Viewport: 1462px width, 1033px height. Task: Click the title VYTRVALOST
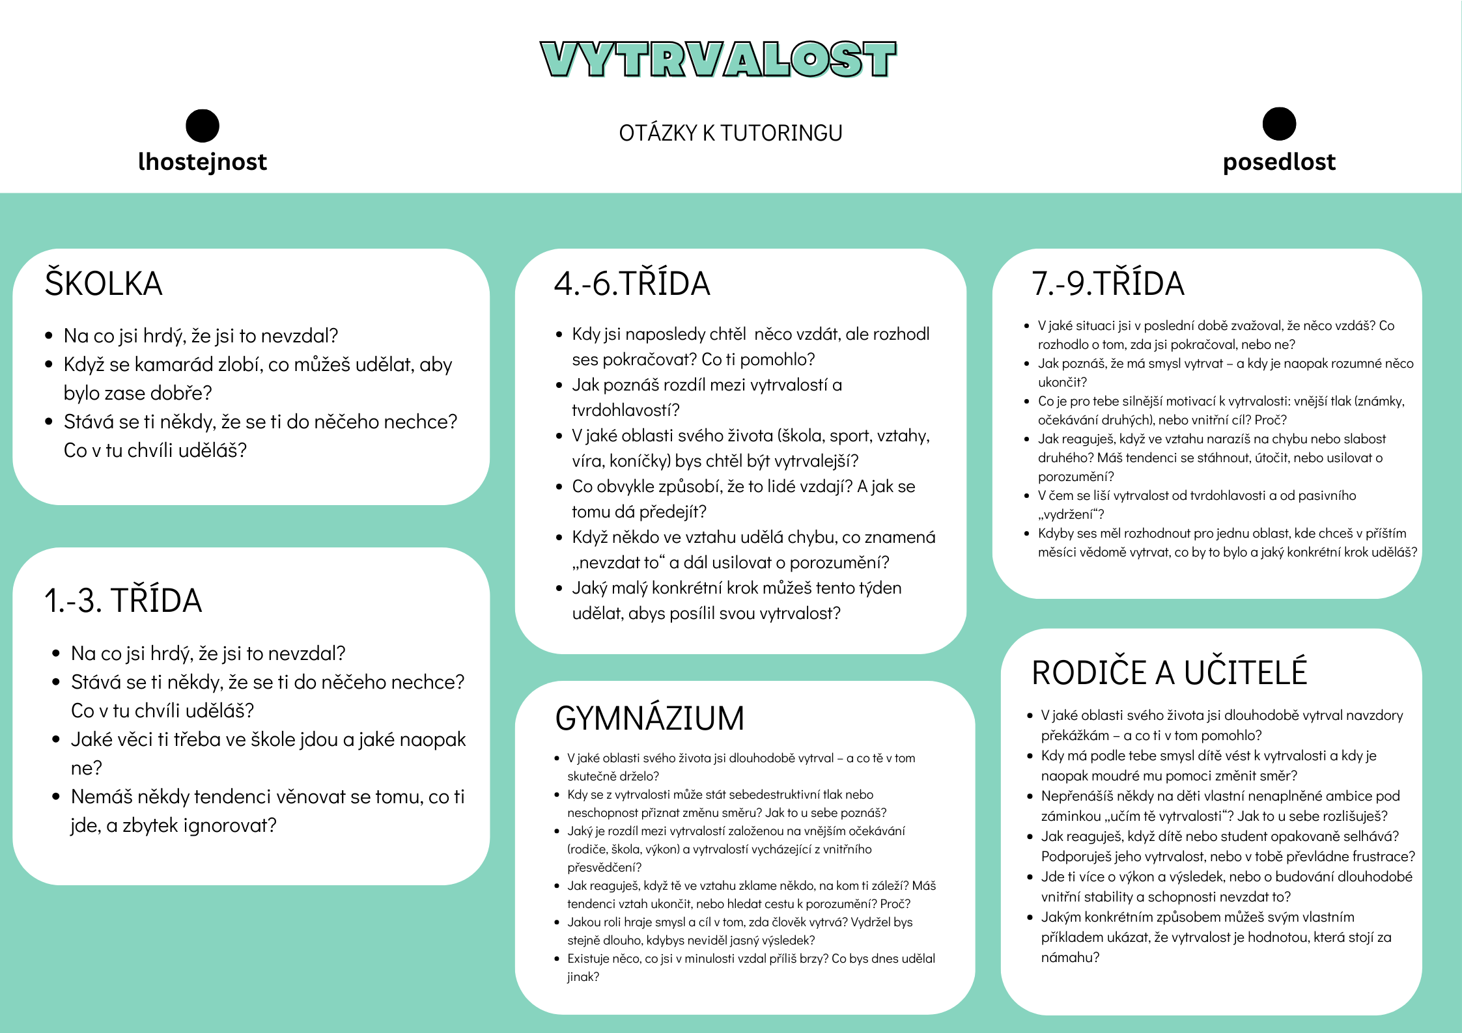click(x=718, y=59)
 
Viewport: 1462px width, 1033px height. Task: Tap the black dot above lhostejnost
click(x=203, y=126)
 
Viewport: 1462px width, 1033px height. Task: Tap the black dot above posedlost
click(x=1279, y=124)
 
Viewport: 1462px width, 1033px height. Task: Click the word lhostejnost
click(x=203, y=161)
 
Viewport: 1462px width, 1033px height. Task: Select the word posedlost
click(x=1279, y=161)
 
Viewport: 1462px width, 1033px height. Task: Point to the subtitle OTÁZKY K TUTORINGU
click(x=731, y=133)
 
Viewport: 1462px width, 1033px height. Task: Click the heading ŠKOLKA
click(x=104, y=284)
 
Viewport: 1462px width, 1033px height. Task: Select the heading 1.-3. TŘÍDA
click(x=123, y=600)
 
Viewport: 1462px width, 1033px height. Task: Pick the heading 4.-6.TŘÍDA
click(x=632, y=284)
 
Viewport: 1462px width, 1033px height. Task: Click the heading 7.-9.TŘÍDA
click(x=1108, y=284)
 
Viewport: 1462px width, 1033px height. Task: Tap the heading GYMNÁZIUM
click(x=649, y=719)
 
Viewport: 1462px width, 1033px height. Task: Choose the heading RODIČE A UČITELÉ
click(x=1169, y=673)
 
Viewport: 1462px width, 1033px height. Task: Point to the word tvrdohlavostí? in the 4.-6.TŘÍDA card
click(x=625, y=410)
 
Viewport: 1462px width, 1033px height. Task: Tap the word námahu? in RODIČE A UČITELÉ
click(x=1070, y=957)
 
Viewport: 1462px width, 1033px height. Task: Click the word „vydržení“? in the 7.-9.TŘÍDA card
click(x=1071, y=514)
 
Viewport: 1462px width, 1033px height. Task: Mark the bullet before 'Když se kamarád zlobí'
click(x=49, y=365)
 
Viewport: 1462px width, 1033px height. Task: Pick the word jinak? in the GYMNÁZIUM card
click(x=583, y=976)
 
